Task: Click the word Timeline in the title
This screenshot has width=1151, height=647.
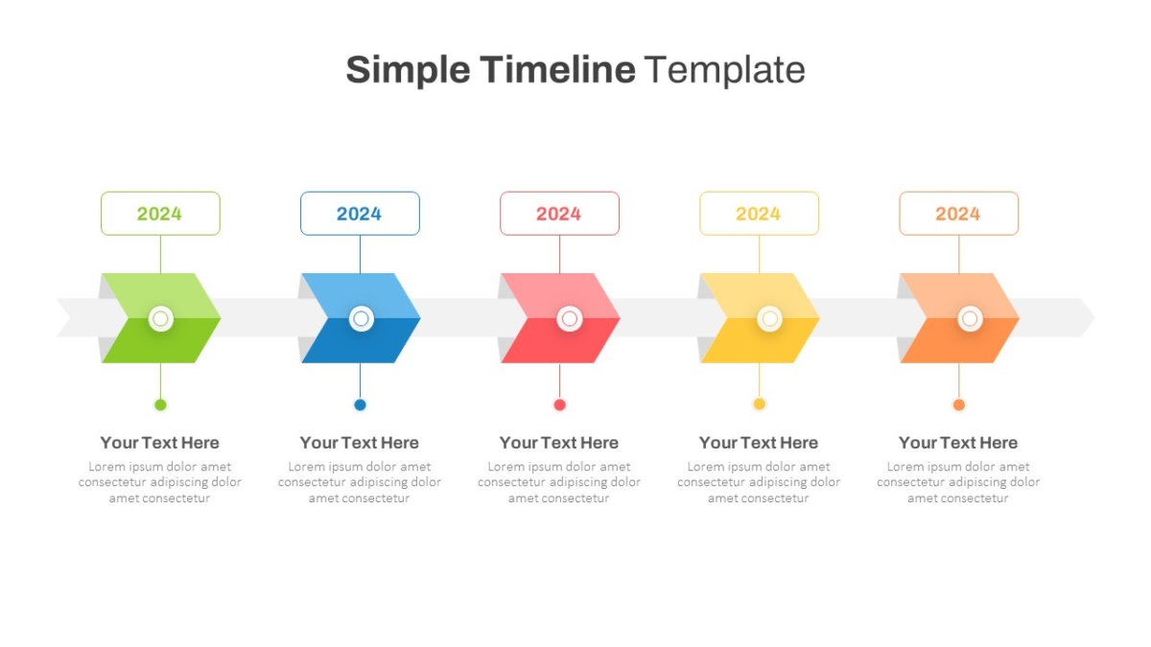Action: tap(557, 69)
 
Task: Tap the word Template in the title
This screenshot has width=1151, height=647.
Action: tap(724, 69)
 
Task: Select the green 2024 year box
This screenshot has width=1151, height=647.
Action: tap(160, 214)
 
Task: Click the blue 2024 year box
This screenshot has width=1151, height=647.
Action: tap(360, 214)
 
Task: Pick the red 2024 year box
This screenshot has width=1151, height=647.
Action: tap(559, 214)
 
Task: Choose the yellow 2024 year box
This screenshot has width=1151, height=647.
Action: tap(759, 214)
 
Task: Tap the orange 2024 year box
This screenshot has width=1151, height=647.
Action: tap(959, 214)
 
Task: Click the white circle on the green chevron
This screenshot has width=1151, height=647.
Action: tap(161, 319)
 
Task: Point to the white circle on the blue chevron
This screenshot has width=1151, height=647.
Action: tap(362, 319)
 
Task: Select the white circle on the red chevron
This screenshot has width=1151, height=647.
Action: tap(570, 319)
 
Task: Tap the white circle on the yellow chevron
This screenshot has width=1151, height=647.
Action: tap(769, 319)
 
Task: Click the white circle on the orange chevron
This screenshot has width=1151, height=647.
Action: tap(970, 319)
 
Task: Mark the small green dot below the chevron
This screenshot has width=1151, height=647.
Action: tap(160, 404)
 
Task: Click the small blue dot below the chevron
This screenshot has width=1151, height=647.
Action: tap(361, 404)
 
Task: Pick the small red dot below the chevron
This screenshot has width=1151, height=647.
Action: tap(559, 404)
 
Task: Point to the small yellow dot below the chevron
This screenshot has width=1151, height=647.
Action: tap(759, 404)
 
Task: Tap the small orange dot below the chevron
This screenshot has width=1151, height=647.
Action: tap(959, 404)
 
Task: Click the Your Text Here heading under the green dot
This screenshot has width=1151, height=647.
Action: tap(160, 443)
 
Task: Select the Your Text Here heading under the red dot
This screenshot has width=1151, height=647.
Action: tap(559, 443)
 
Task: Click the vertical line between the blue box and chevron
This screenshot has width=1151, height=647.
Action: tap(360, 254)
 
